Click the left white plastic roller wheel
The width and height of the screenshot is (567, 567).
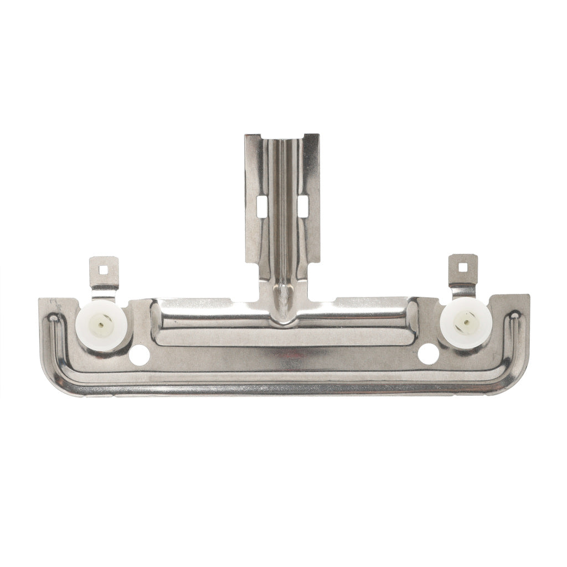[x=102, y=326]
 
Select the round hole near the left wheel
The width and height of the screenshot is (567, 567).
[x=139, y=355]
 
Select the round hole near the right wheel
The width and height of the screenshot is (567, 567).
[x=428, y=354]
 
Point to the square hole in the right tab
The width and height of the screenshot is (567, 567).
[x=462, y=267]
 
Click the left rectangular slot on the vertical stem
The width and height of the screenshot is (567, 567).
[x=262, y=207]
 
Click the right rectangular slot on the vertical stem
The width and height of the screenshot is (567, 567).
[x=303, y=206]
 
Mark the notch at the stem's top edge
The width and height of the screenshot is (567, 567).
[x=282, y=136]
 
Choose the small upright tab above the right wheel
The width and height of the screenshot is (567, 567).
[x=463, y=270]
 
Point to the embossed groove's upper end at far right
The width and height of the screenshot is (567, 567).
[x=514, y=316]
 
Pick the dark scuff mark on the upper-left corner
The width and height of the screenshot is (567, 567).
[x=55, y=305]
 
